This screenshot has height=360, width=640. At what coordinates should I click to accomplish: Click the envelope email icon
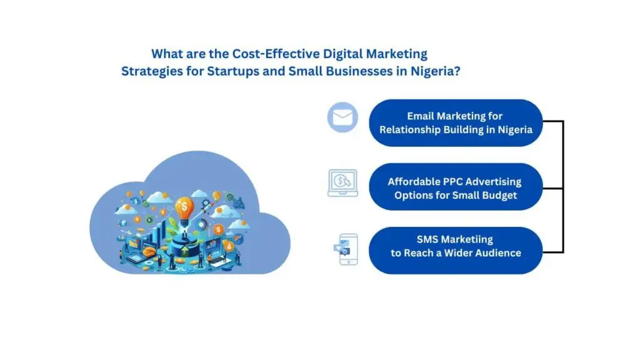tap(342, 117)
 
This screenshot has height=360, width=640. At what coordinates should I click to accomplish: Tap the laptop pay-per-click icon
tap(342, 183)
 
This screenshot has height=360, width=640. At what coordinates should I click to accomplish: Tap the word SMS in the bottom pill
tap(429, 239)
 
